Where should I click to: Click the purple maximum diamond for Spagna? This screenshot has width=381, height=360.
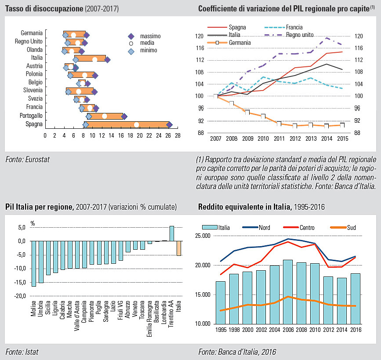[169, 124]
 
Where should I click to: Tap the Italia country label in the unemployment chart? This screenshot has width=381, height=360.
[37, 58]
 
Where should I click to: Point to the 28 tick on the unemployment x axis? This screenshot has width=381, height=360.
[178, 136]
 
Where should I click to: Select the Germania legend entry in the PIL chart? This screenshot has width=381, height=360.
[239, 43]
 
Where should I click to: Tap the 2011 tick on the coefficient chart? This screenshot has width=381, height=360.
[279, 139]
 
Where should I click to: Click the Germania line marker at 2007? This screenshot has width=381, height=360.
[216, 96]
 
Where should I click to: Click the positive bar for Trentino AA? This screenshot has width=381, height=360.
[172, 233]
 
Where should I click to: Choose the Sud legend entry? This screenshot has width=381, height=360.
[351, 228]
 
